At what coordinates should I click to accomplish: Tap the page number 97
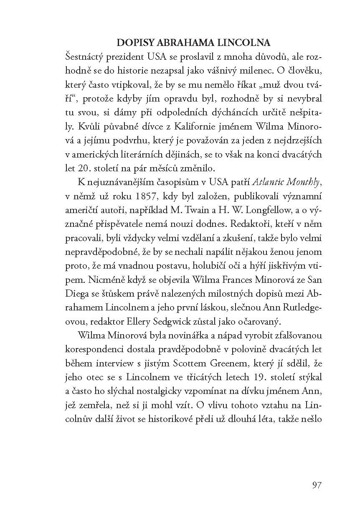[316, 485]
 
